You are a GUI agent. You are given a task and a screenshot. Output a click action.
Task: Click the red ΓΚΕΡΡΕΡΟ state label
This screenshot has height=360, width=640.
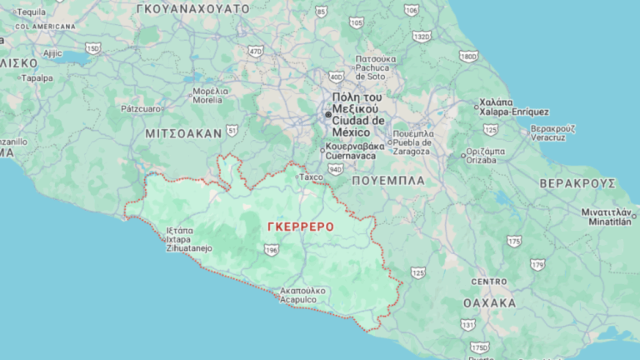(x=300, y=227)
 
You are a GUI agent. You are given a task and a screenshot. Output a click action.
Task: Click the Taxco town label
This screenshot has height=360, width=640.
(x=312, y=177)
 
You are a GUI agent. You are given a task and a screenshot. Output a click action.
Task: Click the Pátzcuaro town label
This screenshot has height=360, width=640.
(x=140, y=108)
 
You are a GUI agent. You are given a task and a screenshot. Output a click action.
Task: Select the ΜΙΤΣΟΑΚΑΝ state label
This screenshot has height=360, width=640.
(x=183, y=132)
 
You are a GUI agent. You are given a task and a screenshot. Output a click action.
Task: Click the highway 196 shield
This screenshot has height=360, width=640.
(x=271, y=250)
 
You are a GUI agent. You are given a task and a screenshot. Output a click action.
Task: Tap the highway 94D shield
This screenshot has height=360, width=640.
(x=335, y=168)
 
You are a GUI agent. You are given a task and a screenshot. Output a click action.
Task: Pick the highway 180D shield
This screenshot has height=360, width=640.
(x=469, y=56)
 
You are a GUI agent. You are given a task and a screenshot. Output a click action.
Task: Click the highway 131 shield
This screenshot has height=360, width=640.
(x=468, y=324)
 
